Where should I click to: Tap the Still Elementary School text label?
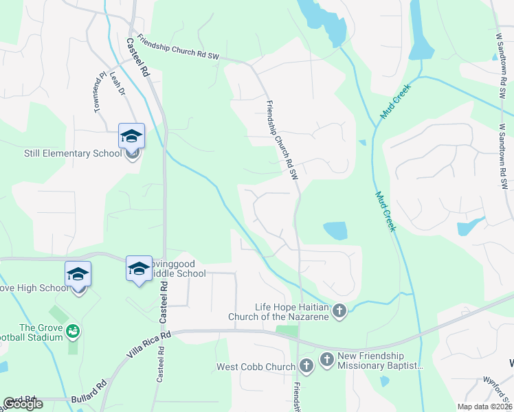pyautogui.click(x=73, y=153)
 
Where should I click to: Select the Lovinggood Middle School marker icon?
pyautogui.click(x=139, y=269)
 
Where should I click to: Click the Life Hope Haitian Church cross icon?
pyautogui.click(x=339, y=312)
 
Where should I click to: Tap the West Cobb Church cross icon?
pyautogui.click(x=306, y=366)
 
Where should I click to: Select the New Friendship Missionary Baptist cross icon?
pyautogui.click(x=326, y=359)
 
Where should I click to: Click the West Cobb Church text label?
pyautogui.click(x=256, y=367)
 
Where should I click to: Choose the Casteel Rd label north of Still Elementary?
pyautogui.click(x=137, y=57)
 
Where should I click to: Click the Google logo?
pyautogui.click(x=23, y=404)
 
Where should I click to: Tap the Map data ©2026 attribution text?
pyautogui.click(x=485, y=407)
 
